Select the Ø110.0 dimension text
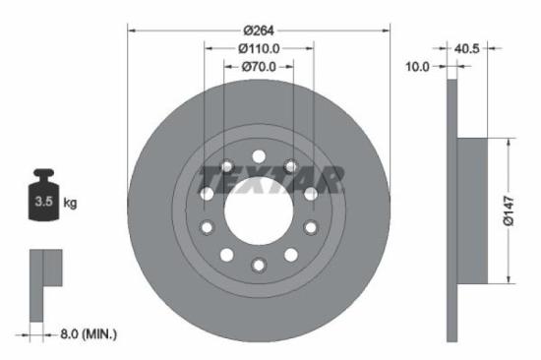[260, 47]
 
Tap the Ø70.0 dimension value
[260, 68]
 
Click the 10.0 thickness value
[419, 67]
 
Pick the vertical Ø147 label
[510, 208]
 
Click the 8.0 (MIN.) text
[86, 335]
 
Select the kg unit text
[70, 204]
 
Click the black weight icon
[43, 197]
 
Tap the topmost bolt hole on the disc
[259, 156]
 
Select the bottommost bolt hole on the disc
[259, 265]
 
